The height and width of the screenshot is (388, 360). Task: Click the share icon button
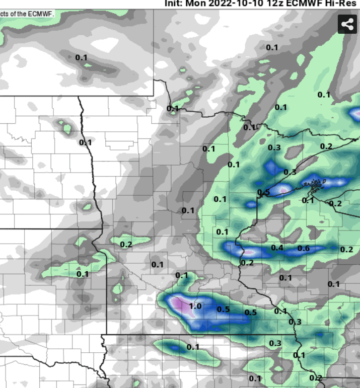coord(347,24)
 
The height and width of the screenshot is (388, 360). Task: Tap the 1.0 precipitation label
coord(195,306)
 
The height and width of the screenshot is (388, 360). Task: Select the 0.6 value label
coord(304,248)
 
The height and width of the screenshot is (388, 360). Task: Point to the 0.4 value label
coord(277,248)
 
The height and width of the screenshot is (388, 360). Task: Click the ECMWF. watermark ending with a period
coord(42,13)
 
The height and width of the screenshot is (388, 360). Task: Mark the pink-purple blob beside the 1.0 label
coord(178,303)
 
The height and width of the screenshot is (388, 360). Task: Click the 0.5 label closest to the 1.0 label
coord(223,309)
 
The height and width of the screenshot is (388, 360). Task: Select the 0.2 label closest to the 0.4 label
coord(247,263)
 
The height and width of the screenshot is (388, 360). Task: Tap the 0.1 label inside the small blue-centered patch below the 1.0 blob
coord(193,347)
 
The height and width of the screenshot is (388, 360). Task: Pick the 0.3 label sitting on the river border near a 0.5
coord(295,322)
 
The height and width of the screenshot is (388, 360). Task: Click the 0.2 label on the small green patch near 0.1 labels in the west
coord(126,245)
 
